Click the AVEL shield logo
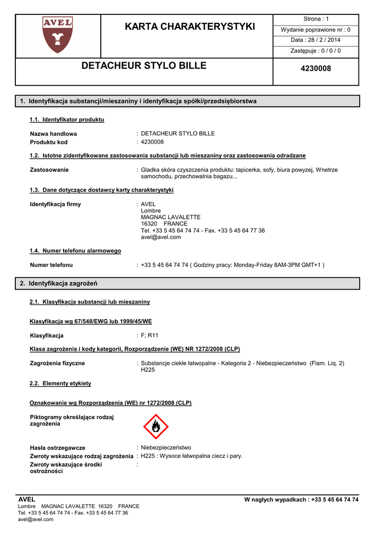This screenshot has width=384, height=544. click(57, 35)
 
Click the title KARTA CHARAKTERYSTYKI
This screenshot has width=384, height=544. click(190, 27)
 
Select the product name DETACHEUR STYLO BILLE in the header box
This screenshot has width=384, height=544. click(144, 66)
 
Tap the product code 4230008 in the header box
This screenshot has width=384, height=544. click(316, 69)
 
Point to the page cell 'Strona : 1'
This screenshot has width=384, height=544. click(316, 19)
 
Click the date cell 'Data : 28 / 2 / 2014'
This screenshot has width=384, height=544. click(316, 40)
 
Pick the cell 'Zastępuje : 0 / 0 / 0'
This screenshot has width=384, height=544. click(316, 51)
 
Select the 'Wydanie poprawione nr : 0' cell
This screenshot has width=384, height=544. click(316, 30)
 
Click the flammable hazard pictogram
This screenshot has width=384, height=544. click(156, 426)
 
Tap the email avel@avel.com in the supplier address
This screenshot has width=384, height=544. click(161, 237)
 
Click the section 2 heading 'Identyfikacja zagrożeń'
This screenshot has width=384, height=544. click(62, 284)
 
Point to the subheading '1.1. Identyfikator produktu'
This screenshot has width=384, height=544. click(67, 120)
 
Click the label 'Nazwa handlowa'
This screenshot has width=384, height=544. click(54, 134)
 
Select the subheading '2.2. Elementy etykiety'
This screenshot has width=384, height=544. click(60, 384)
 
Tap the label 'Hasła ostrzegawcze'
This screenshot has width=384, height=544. click(58, 448)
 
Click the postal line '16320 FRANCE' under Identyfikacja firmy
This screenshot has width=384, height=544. click(164, 224)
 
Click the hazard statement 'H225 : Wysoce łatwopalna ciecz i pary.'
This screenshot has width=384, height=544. click(191, 456)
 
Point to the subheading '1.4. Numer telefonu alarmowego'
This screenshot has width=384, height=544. click(75, 251)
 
